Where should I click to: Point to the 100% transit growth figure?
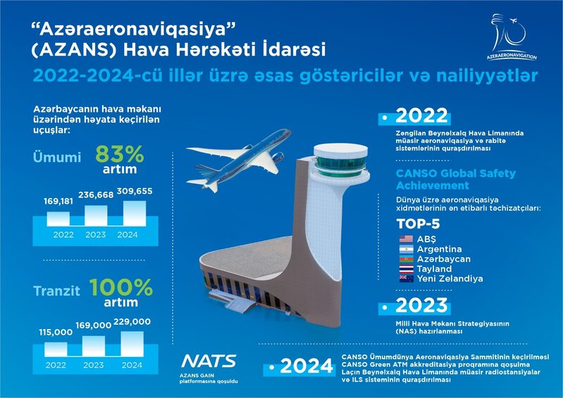point(121,289)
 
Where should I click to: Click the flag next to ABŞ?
point(405,239)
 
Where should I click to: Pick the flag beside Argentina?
point(405,249)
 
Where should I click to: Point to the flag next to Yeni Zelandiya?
point(405,278)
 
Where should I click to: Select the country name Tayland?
point(435,268)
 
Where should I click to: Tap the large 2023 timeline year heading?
point(421,305)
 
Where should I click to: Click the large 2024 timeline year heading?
point(307,365)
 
